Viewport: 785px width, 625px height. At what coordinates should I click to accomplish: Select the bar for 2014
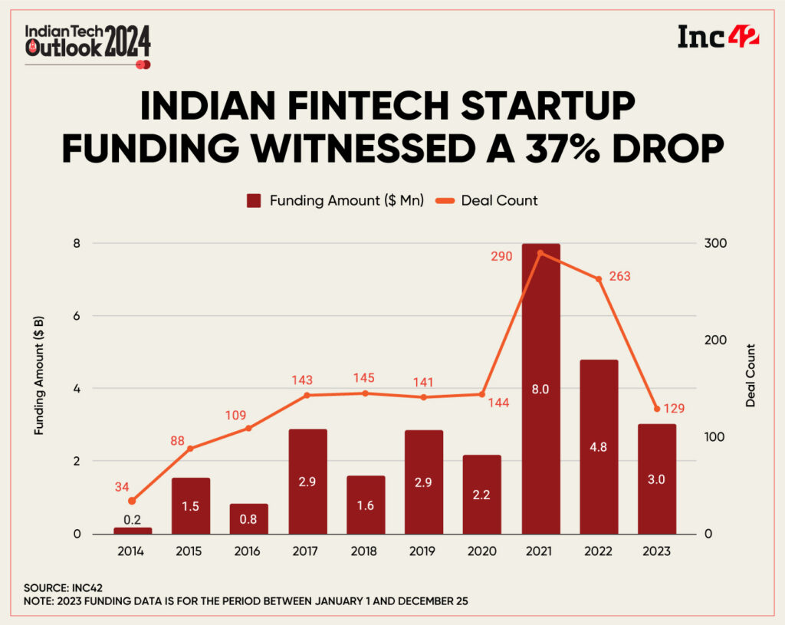point(133,530)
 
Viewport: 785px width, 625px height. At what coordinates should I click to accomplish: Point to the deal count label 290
point(501,255)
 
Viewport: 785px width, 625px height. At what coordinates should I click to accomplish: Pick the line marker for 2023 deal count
point(656,409)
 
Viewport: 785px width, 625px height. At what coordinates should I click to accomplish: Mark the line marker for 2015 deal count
point(190,449)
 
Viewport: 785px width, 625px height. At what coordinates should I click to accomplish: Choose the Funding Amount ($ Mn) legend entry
point(335,201)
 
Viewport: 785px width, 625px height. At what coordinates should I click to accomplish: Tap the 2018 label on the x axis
point(365,551)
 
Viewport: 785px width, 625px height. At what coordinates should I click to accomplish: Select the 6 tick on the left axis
point(77,316)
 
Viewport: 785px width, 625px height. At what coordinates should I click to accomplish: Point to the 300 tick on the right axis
point(716,243)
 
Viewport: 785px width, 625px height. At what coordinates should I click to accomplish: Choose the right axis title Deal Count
point(751,375)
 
